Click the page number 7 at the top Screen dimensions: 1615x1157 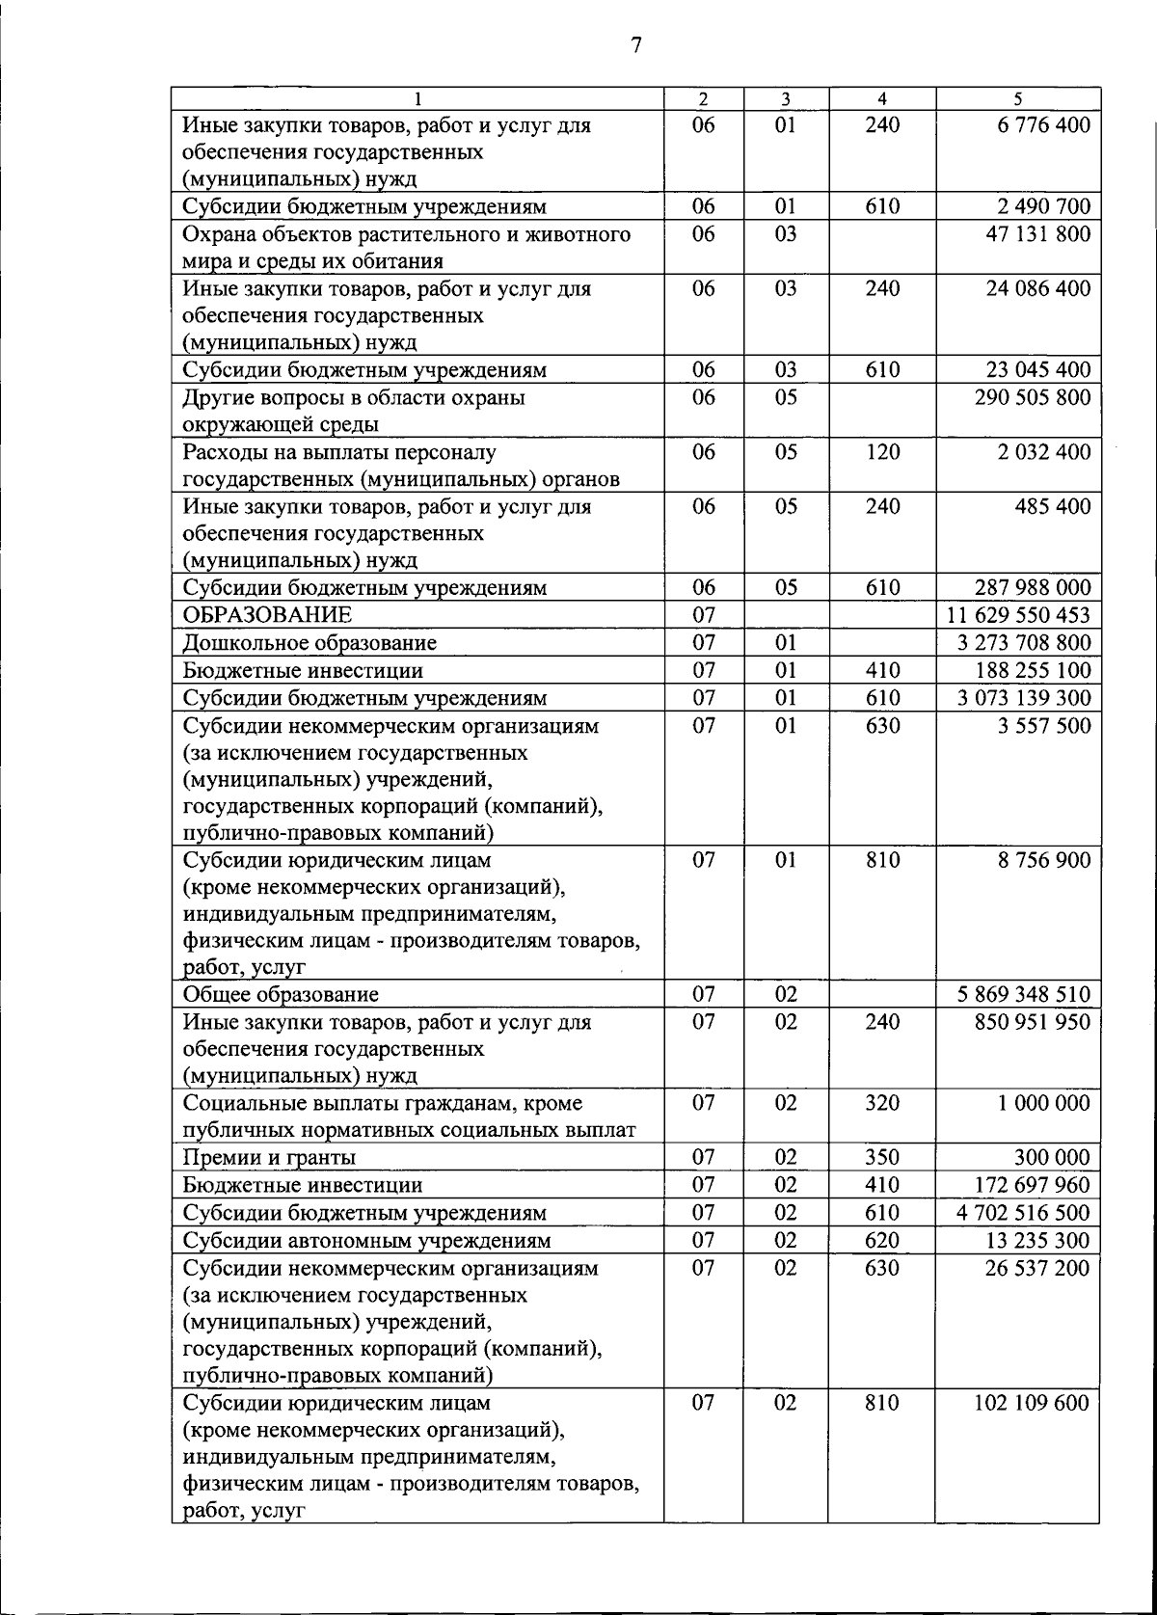[636, 45]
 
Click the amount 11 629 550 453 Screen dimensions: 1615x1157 [1023, 615]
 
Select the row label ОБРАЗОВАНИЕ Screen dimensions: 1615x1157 [267, 615]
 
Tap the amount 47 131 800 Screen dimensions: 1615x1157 [1037, 234]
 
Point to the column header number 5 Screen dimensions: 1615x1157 [1017, 98]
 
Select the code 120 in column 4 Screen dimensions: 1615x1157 [881, 452]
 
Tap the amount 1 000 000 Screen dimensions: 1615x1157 [1044, 1103]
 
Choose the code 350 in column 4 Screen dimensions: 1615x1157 [881, 1157]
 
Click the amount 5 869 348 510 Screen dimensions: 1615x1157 [1023, 994]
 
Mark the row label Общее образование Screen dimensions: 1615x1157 [281, 994]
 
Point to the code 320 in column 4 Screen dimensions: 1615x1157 [881, 1103]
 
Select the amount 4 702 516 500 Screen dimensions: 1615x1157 [1023, 1213]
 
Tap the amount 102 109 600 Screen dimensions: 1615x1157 [1031, 1403]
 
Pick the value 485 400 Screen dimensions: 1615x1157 [1052, 506]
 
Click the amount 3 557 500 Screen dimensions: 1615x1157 [1044, 726]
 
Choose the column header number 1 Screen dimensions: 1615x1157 [417, 98]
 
